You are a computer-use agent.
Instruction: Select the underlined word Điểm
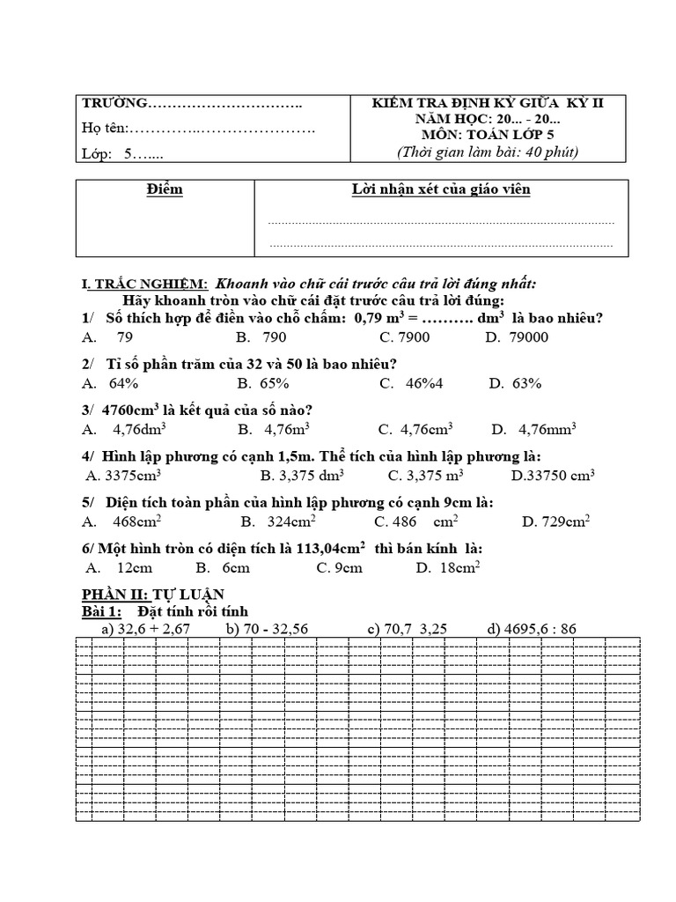pyautogui.click(x=165, y=190)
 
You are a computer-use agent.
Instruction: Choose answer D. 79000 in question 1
pyautogui.click(x=517, y=337)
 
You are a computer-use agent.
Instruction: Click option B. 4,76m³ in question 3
pyautogui.click(x=267, y=430)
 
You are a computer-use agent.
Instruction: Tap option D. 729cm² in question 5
pyautogui.click(x=555, y=521)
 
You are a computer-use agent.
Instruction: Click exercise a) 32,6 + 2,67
pyautogui.click(x=145, y=629)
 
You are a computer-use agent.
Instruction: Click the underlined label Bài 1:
pyautogui.click(x=101, y=611)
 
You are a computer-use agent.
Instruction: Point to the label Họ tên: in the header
pyautogui.click(x=105, y=129)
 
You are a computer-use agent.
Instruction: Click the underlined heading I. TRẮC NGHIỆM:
pyautogui.click(x=144, y=284)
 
